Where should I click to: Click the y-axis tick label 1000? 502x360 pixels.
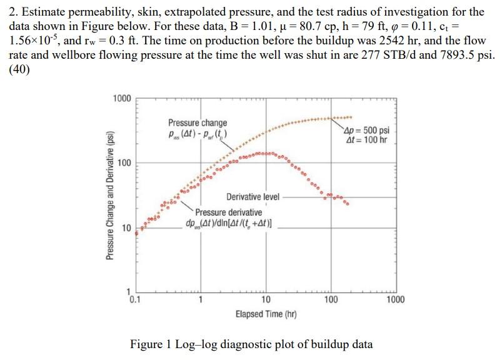pos(122,99)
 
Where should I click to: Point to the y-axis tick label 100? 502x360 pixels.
pos(124,164)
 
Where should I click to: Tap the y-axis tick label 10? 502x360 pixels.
pos(126,228)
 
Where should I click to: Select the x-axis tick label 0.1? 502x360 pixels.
pos(135,299)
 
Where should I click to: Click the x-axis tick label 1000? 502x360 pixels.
pos(395,299)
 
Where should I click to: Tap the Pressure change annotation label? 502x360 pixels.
pos(198,123)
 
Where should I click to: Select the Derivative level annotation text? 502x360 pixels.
pos(253,196)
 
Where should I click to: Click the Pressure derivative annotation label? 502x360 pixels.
pos(228,212)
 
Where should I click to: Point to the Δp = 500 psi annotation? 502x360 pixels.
pos(367,131)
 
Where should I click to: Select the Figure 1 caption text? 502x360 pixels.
pos(251,344)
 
